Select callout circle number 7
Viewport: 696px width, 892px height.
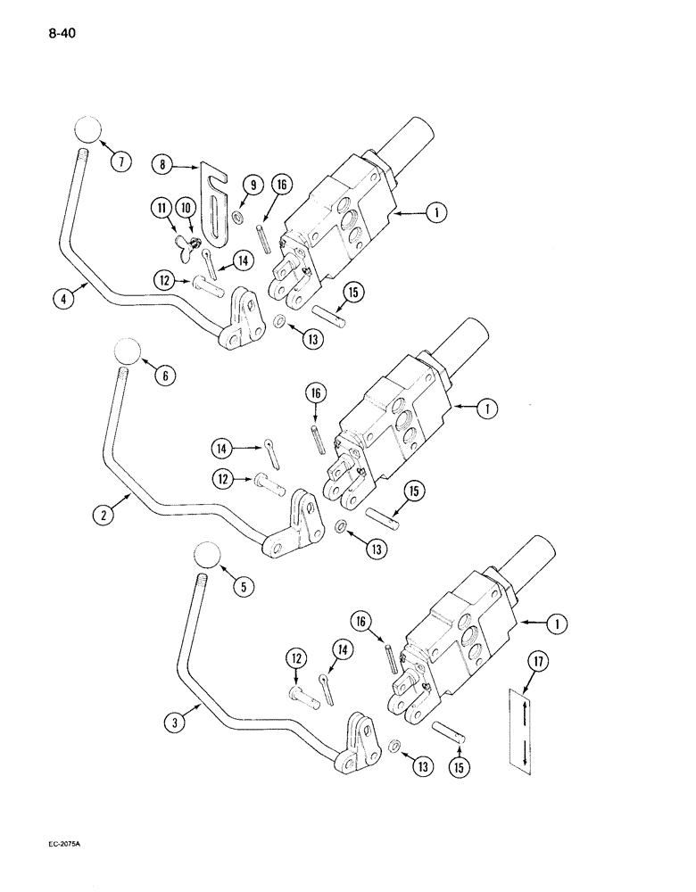tap(119, 161)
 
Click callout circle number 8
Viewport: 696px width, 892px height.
tap(163, 164)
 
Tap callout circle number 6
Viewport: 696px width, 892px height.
tap(163, 376)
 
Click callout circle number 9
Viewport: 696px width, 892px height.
tap(253, 186)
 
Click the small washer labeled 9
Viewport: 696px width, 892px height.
tap(237, 218)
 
